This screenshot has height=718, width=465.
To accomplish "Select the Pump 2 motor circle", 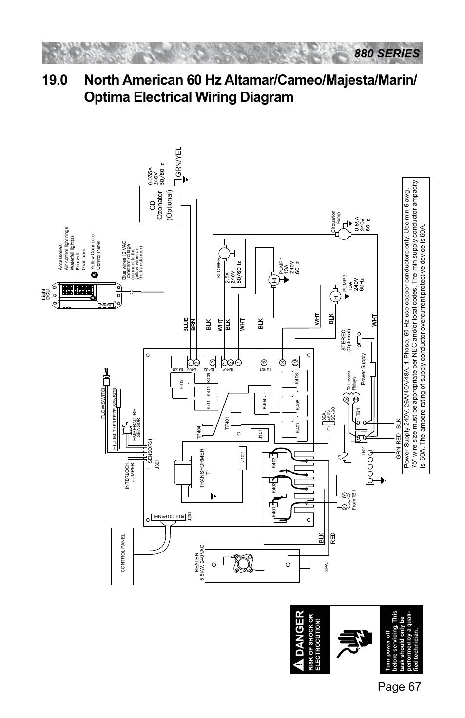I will coord(335,296).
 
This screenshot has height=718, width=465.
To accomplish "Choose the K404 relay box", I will coord(264,404).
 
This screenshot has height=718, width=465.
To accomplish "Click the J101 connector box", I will coord(261,434).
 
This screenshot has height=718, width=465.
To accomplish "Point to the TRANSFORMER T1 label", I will coord(204,461).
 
